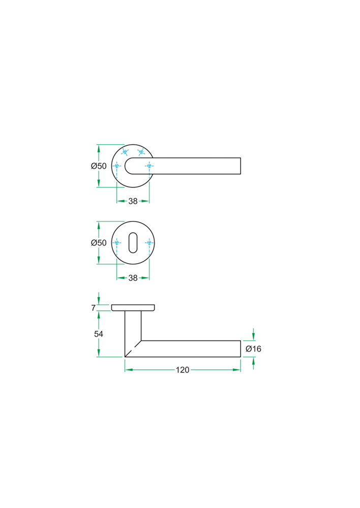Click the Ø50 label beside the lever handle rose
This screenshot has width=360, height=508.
click(99, 166)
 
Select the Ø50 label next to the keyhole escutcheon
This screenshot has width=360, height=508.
click(99, 243)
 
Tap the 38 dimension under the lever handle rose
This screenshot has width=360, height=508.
click(133, 201)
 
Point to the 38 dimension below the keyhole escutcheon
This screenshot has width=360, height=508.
click(133, 278)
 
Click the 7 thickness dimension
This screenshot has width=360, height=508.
click(94, 308)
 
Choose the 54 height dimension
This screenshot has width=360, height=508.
click(99, 334)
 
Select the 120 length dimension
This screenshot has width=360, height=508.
click(183, 370)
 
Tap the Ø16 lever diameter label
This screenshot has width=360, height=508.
click(253, 349)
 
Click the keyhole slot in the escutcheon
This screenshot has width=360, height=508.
click(133, 243)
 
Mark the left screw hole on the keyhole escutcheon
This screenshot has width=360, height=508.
click(117, 243)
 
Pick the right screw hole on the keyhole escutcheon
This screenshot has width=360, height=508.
click(148, 243)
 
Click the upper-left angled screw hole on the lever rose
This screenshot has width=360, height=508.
click(125, 152)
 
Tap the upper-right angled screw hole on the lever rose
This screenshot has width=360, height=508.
click(141, 152)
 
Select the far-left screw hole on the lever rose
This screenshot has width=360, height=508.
click(117, 166)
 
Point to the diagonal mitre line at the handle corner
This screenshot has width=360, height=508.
click(133, 348)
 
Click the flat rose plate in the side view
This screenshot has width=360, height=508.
click(133, 307)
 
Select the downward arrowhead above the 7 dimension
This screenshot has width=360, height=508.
click(99, 301)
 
